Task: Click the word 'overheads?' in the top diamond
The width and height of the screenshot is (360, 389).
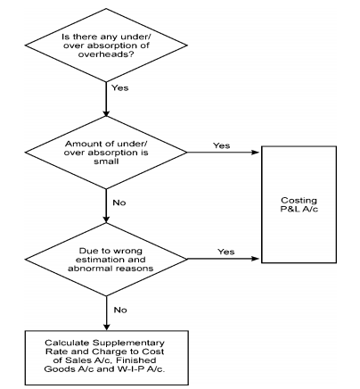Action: (105, 54)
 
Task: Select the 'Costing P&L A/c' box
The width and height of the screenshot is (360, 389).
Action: (299, 204)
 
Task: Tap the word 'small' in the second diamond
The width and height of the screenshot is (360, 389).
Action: (106, 161)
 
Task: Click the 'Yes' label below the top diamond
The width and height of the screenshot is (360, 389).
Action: (120, 88)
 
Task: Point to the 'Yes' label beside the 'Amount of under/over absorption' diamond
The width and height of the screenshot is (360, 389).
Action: (221, 145)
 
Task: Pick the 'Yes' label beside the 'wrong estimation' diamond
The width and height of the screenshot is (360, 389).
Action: (226, 252)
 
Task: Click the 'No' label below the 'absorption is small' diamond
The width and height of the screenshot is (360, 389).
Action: (119, 203)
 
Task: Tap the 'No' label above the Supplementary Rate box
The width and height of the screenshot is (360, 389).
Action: (120, 310)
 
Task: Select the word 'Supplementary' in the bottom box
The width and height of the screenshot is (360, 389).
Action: (128, 343)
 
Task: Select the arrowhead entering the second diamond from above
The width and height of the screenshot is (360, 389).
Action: (106, 113)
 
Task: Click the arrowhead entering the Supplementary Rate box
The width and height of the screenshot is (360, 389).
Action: (106, 327)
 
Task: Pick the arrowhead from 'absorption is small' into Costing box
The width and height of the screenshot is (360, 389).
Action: (256, 153)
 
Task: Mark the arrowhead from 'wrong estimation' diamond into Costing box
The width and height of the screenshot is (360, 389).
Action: (256, 259)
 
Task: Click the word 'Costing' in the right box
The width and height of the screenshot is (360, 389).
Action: (299, 201)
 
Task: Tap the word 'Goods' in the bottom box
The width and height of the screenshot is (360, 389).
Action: (57, 369)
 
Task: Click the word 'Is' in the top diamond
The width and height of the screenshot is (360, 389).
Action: (66, 37)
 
